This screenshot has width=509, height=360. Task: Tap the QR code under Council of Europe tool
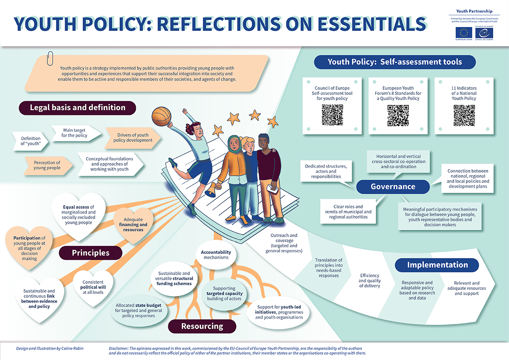(x=332, y=115)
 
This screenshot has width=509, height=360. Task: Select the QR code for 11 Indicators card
(x=464, y=115)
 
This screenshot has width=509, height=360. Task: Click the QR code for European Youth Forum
(x=398, y=115)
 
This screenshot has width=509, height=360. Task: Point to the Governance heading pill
(x=393, y=187)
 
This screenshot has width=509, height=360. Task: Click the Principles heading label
(x=90, y=253)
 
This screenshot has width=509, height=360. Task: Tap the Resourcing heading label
(x=202, y=326)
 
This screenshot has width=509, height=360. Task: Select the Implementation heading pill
(x=437, y=265)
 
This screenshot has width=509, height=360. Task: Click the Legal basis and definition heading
(x=77, y=108)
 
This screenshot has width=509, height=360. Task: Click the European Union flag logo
(x=464, y=32)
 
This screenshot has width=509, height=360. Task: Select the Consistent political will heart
(x=93, y=287)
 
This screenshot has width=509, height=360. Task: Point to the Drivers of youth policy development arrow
(x=133, y=138)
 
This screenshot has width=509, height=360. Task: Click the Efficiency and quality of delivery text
(x=370, y=280)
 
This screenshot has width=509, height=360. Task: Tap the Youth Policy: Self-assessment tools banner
(x=395, y=62)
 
